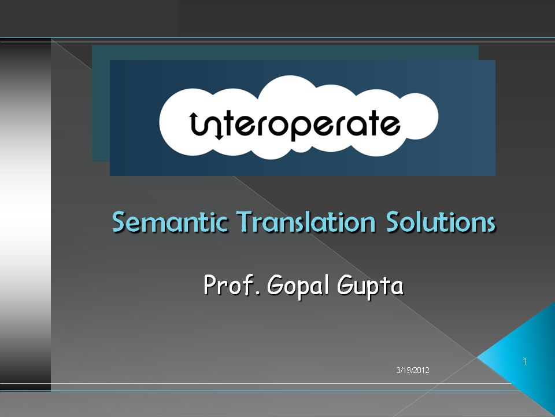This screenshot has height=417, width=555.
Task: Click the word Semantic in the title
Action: pyautogui.click(x=169, y=222)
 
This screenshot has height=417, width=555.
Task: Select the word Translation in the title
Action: pyautogui.click(x=306, y=222)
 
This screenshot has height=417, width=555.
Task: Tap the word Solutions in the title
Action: pyautogui.click(x=441, y=222)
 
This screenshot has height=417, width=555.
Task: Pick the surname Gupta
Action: pyautogui.click(x=370, y=286)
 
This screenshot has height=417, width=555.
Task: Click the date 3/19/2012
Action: pyautogui.click(x=413, y=370)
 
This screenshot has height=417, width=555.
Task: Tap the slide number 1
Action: pyautogui.click(x=524, y=361)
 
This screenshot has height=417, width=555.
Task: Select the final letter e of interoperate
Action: pyautogui.click(x=390, y=125)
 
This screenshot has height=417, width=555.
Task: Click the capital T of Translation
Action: pyautogui.click(x=245, y=222)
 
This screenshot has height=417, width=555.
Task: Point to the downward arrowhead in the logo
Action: pyautogui.click(x=219, y=136)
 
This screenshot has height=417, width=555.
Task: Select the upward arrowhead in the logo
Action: pyautogui.click(x=194, y=115)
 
